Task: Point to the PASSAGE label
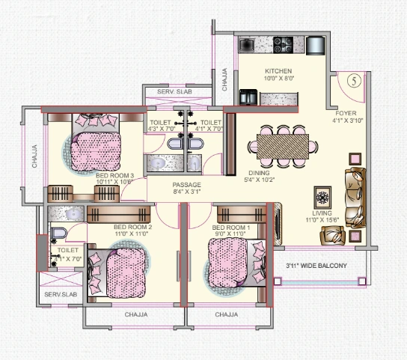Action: [x=186, y=184]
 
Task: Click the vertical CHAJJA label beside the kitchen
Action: [x=224, y=79]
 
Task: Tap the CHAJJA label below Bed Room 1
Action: [x=226, y=315]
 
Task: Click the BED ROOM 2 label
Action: [x=133, y=227]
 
